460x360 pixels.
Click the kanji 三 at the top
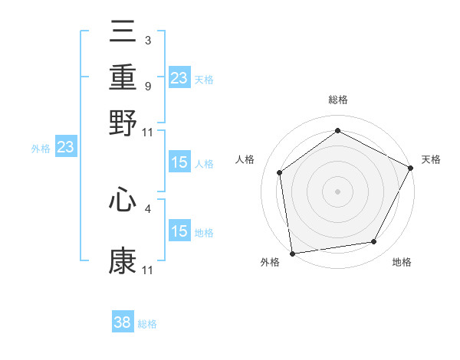click(123, 34)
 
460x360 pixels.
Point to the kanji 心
click(123, 201)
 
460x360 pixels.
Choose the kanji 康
click(123, 260)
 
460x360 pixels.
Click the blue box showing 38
click(123, 322)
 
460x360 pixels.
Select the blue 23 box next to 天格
click(179, 77)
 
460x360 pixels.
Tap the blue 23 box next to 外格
click(65, 147)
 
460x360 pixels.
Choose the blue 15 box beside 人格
click(179, 162)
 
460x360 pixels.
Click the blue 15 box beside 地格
click(179, 231)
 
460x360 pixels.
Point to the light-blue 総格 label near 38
click(147, 324)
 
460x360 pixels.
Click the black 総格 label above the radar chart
click(337, 100)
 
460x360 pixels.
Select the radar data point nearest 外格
click(292, 253)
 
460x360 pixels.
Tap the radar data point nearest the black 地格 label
click(374, 242)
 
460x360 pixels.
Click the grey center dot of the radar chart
click(337, 191)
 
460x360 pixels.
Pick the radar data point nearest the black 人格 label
click(280, 172)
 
